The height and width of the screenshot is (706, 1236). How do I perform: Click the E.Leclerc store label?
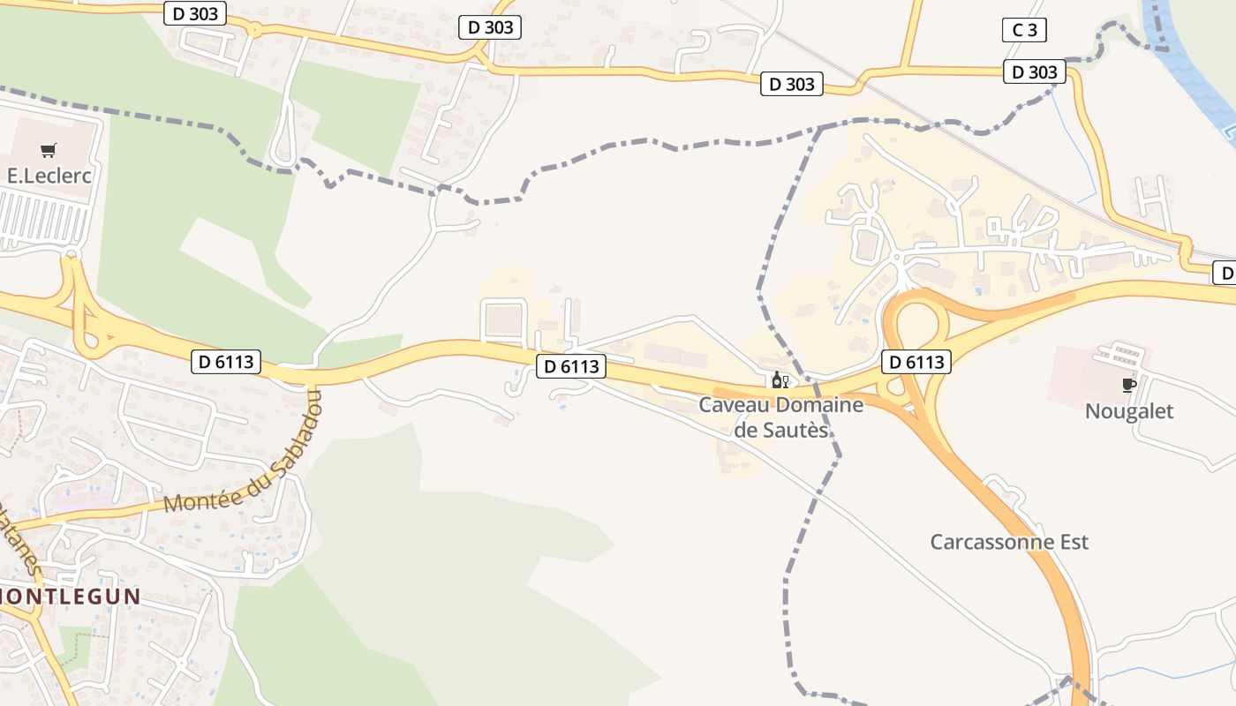point(49,176)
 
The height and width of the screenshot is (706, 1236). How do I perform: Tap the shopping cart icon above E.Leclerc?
point(49,151)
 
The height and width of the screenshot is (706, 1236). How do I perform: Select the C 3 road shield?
point(1024,30)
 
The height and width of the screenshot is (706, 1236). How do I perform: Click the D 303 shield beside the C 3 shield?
point(1034,72)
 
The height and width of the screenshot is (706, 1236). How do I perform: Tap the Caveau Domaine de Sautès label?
point(769,417)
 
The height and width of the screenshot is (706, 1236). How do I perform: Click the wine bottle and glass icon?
point(780,380)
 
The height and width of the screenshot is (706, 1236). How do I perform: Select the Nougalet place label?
point(1128,411)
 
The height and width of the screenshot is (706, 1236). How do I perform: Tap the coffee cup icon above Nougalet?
point(1127,384)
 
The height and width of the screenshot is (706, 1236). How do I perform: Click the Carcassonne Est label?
point(1009,542)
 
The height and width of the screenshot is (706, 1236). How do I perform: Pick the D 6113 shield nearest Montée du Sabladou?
point(226,361)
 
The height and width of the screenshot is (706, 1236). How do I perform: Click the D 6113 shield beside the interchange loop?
point(916,362)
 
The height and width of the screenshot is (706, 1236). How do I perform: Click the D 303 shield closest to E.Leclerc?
point(195,13)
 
